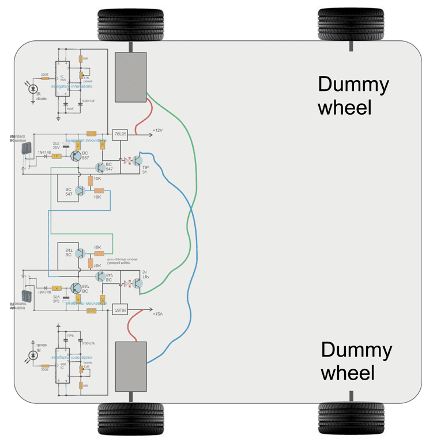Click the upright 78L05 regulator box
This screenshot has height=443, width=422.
click(x=119, y=135)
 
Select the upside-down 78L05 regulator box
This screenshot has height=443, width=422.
click(x=119, y=309)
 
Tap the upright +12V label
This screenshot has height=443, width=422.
click(x=157, y=131)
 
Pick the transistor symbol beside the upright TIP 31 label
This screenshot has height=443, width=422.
click(x=137, y=161)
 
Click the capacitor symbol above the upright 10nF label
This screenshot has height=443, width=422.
click(x=66, y=104)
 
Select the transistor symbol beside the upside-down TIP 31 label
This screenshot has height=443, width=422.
click(x=137, y=282)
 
